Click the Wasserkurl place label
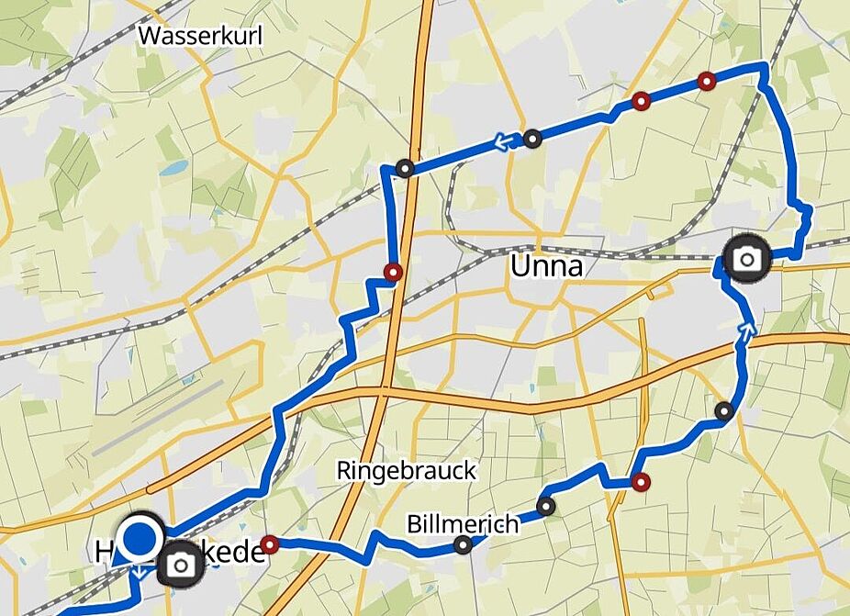coord(200,36)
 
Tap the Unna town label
coord(547,267)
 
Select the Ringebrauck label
coord(407,471)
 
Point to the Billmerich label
coord(462,524)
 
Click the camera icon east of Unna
coord(747,259)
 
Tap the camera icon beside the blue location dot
coord(181,566)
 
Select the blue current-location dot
coord(140,538)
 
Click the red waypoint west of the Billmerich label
coord(269,544)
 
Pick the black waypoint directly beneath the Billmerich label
coord(464,546)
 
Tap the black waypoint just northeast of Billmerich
coord(546,506)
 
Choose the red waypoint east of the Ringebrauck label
coord(641,482)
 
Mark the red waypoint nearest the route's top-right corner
coord(706,81)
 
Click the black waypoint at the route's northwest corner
coord(405,168)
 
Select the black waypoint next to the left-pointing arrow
coord(532,140)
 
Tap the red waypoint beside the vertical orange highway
coord(394,272)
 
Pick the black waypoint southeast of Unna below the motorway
coord(724,411)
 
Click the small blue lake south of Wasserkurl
coord(173,169)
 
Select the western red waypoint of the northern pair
coord(641,100)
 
